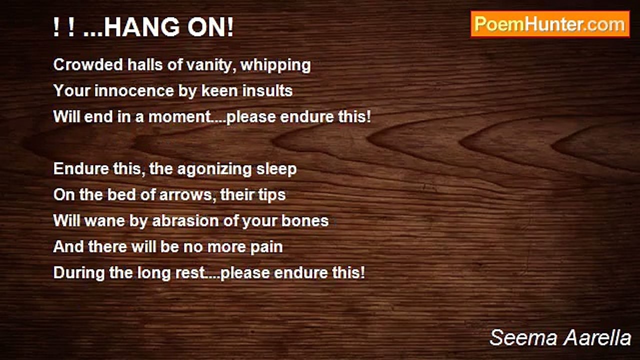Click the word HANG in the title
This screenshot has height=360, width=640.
pos(141,27)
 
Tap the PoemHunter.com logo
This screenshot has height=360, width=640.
pos(550,24)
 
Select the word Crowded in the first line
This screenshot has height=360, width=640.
pos(88,64)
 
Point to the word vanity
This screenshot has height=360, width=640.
pos(211,65)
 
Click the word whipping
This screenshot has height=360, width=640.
pos(275,65)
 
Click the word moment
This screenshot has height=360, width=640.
pos(179,117)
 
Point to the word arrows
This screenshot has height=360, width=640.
pos(185,195)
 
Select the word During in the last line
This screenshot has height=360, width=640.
pos(79,273)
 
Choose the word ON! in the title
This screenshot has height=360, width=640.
pos(210,27)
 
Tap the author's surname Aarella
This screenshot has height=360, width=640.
pos(597,337)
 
